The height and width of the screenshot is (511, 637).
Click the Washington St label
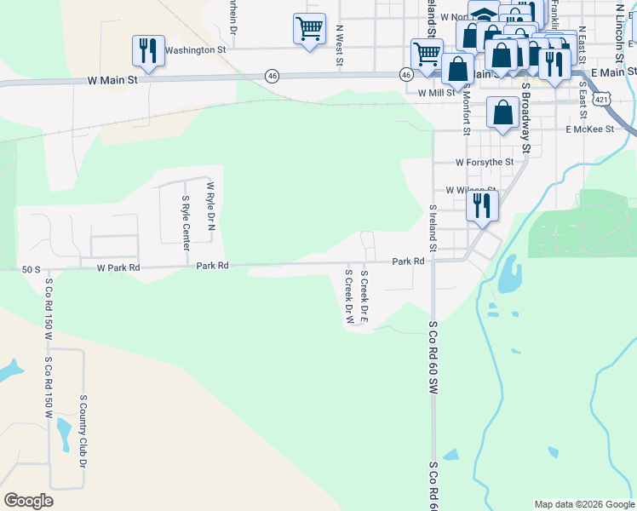[x=195, y=50]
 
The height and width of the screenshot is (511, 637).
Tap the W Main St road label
[x=112, y=80]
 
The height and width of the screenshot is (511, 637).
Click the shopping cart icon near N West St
[x=308, y=28]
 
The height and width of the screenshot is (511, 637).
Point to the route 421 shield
[x=602, y=100]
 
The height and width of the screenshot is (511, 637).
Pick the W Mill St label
[x=438, y=93]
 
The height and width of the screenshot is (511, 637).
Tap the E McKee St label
[x=589, y=129]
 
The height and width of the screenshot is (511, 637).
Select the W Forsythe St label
[x=484, y=161]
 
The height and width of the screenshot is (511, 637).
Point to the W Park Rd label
[x=118, y=267]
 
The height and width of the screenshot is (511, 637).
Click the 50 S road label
[x=32, y=269]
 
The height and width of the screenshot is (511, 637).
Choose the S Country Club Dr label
[x=83, y=431]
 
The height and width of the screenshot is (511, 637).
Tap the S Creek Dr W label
[x=348, y=298]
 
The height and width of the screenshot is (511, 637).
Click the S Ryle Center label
[x=186, y=223]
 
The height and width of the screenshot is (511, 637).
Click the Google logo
[x=28, y=501]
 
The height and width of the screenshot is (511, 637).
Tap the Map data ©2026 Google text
[x=583, y=504]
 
